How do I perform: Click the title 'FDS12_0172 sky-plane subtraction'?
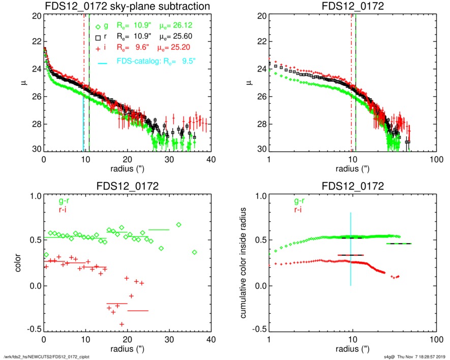pos(127,6)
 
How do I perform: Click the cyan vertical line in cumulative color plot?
pos(350,249)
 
